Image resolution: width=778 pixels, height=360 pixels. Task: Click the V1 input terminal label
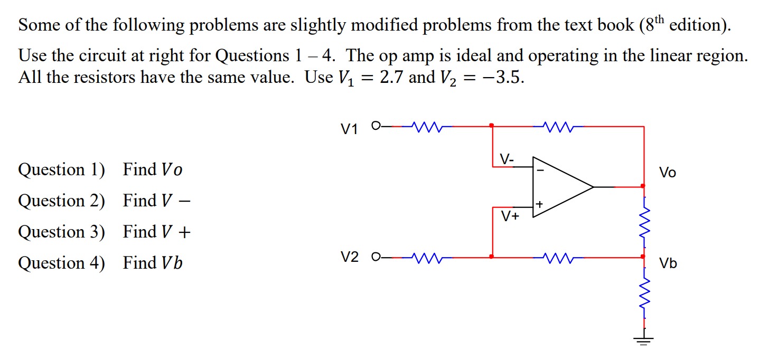349,128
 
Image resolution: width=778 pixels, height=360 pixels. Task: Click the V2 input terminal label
349,258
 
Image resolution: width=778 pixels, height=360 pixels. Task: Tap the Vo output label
667,173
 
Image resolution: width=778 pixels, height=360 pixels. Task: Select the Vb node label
668,263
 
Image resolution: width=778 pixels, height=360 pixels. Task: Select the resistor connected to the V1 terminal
424,127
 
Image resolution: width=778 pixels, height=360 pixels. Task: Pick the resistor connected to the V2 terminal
424,258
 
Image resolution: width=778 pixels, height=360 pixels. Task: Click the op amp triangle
560,187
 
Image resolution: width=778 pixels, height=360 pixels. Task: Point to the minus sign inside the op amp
540,170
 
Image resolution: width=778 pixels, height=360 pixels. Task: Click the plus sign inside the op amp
539,204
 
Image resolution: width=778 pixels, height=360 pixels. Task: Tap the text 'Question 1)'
61,170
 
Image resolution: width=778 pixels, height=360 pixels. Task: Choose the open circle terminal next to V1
376,126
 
